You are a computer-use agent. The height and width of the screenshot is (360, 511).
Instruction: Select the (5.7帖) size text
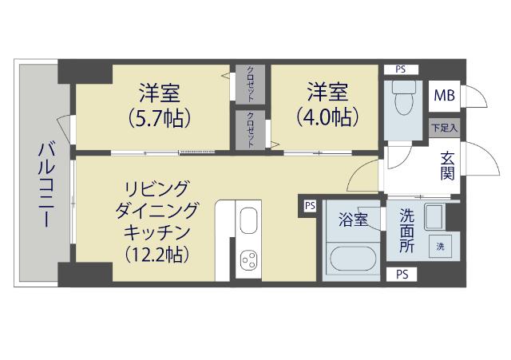(x=159, y=118)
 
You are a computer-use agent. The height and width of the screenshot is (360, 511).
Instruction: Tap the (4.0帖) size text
(x=327, y=116)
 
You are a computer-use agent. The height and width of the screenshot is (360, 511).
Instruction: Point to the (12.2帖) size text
(x=156, y=255)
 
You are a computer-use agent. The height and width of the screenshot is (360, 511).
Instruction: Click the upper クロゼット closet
(x=251, y=83)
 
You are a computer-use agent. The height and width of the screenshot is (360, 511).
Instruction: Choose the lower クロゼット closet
(x=251, y=129)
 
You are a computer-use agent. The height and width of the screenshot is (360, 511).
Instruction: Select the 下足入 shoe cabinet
(x=444, y=127)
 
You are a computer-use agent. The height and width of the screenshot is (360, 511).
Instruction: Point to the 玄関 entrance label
(x=447, y=166)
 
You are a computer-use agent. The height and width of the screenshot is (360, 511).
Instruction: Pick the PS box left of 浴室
(x=309, y=206)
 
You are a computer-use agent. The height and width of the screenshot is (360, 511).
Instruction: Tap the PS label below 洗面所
(x=402, y=274)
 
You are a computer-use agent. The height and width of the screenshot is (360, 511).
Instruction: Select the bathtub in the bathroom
(x=351, y=258)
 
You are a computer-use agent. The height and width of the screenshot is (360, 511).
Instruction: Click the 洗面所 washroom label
(x=406, y=231)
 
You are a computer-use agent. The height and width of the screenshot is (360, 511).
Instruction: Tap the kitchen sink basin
(x=249, y=220)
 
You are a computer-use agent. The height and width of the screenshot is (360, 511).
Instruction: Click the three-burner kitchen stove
(x=249, y=260)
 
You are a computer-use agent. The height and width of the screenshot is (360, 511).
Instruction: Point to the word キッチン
(x=156, y=232)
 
